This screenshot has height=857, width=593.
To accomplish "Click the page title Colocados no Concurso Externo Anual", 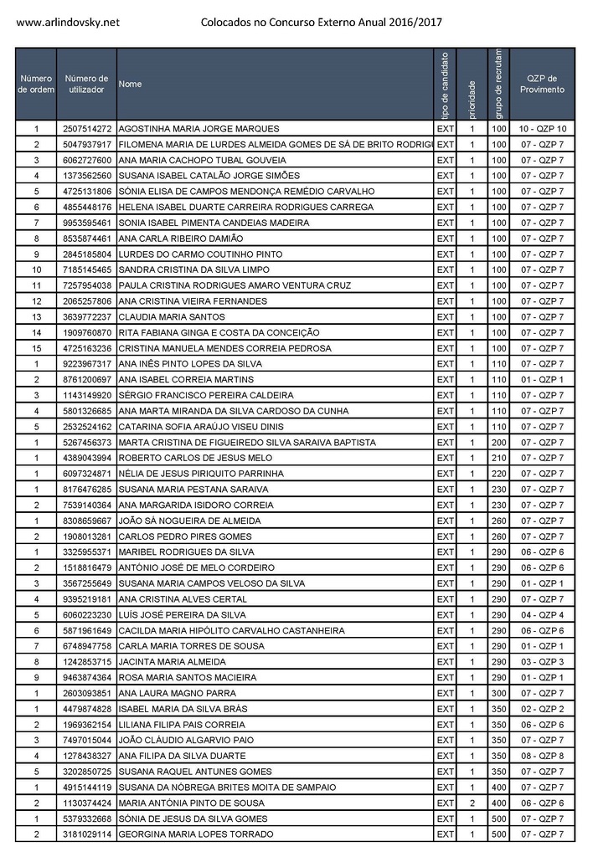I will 322,22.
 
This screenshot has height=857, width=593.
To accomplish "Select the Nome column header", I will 131,84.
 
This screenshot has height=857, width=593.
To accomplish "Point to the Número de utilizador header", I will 86,84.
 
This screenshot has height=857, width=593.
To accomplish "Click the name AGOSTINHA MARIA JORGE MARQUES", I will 199,129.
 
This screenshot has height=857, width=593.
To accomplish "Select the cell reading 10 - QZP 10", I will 542,129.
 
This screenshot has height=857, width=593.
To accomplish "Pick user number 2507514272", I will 86,129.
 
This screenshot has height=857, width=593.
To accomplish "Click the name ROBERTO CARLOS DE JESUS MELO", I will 195,458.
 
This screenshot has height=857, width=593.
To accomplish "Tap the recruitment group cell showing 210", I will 499,458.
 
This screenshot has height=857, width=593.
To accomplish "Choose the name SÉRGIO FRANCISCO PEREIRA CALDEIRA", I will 206,395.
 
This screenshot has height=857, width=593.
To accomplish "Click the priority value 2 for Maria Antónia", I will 472,803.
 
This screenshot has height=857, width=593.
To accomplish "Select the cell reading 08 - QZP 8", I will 542,756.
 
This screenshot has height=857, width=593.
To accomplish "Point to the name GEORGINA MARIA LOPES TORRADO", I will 196,834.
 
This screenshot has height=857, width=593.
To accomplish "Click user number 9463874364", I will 86,677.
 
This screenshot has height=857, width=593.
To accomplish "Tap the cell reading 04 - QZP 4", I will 542,614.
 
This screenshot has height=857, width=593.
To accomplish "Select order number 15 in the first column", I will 36,348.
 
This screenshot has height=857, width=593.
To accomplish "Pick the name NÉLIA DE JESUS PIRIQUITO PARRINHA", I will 201,474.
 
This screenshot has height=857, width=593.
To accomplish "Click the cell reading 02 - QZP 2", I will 542,709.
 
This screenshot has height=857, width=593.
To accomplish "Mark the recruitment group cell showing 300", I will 499,693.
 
